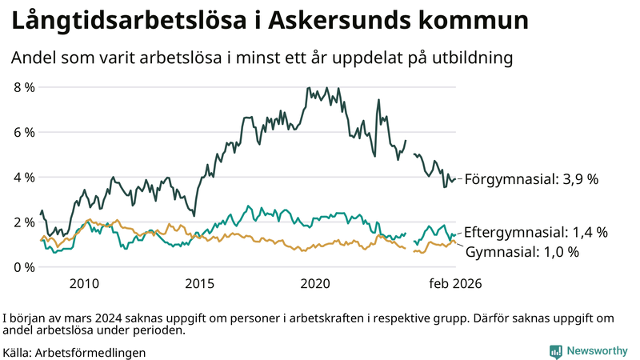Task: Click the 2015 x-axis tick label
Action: [x=200, y=283]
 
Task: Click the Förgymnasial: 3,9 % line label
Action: [x=531, y=179]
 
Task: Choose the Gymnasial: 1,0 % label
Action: [x=522, y=251]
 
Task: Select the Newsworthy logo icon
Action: [x=555, y=350]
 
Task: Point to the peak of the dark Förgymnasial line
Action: [x=307, y=87]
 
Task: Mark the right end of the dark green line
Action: [x=456, y=179]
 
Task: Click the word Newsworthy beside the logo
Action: [x=597, y=350]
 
